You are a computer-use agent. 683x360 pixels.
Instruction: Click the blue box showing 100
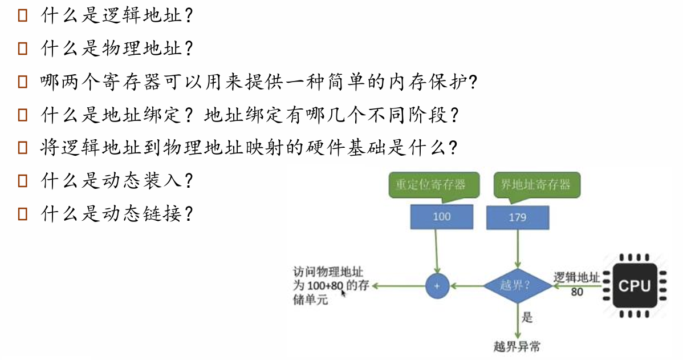441,216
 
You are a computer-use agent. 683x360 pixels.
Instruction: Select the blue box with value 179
518,217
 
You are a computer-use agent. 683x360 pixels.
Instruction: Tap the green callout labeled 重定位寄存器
430,184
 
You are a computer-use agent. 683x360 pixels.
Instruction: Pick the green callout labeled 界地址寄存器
535,184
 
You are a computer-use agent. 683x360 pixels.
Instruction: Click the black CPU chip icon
633,285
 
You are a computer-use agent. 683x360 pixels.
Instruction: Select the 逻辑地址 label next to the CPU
577,278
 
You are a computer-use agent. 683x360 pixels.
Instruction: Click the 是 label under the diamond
527,318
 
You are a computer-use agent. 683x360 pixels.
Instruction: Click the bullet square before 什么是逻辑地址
23,15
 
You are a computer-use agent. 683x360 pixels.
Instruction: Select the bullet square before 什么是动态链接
23,215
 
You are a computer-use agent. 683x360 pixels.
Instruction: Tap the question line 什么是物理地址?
117,48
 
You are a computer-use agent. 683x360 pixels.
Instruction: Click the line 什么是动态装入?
117,181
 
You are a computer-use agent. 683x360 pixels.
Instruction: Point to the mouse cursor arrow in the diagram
343,293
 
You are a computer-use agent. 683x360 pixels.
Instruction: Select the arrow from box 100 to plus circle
436,251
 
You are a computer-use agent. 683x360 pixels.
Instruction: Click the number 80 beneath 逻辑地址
577,292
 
